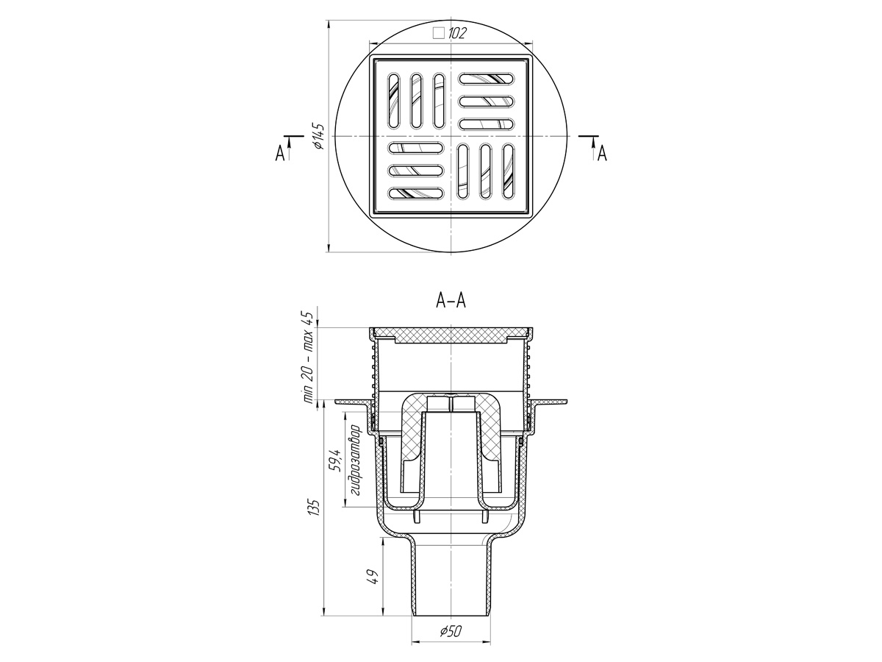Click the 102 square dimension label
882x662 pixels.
[x=457, y=33]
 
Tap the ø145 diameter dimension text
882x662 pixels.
[x=318, y=136]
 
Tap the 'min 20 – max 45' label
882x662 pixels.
[x=309, y=357]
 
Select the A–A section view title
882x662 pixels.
[x=451, y=300]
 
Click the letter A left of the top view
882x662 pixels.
[x=280, y=153]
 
